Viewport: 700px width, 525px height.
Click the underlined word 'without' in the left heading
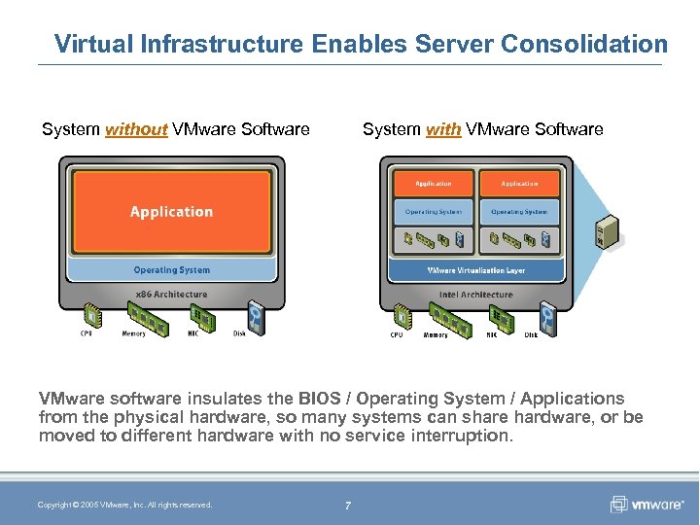click(x=136, y=129)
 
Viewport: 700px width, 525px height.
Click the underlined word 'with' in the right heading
click(x=443, y=129)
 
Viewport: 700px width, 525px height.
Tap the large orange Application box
click(x=171, y=212)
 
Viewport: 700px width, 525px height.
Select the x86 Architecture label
click(x=171, y=294)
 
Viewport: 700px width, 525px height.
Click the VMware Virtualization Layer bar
click(x=476, y=270)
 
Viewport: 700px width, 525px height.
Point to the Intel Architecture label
click(x=476, y=294)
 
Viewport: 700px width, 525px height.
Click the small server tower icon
click(x=608, y=230)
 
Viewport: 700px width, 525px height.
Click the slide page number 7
click(x=348, y=505)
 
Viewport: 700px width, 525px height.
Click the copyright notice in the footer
click(x=124, y=505)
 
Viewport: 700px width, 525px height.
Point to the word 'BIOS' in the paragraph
click(x=293, y=399)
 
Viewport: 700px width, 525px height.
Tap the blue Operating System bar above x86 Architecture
click(x=171, y=270)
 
